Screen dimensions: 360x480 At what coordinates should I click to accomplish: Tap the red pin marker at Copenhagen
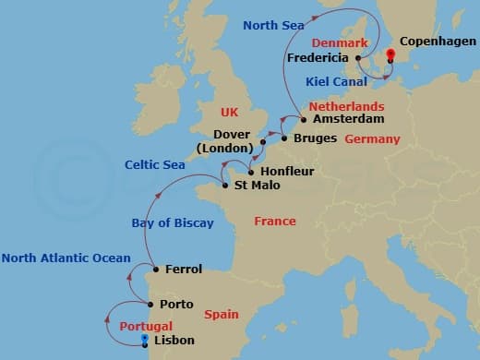pyautogui.click(x=390, y=55)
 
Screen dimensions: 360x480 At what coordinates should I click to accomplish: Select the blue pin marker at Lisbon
pyautogui.click(x=144, y=339)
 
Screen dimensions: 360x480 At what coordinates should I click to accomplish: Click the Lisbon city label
pyautogui.click(x=175, y=341)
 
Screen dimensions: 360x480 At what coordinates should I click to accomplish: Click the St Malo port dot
pyautogui.click(x=225, y=185)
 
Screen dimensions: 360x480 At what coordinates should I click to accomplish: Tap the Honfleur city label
pyautogui.click(x=289, y=170)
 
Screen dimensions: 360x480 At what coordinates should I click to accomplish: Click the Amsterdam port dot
pyautogui.click(x=304, y=119)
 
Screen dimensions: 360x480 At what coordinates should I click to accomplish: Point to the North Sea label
pyautogui.click(x=273, y=26)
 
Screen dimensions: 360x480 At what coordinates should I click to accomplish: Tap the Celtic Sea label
pyautogui.click(x=155, y=165)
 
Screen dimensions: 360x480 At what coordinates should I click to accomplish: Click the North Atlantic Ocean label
pyautogui.click(x=66, y=258)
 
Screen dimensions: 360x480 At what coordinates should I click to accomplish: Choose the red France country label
pyautogui.click(x=275, y=222)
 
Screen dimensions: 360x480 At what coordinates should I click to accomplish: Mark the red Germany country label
pyautogui.click(x=372, y=139)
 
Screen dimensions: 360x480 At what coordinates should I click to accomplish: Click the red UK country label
pyautogui.click(x=230, y=112)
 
